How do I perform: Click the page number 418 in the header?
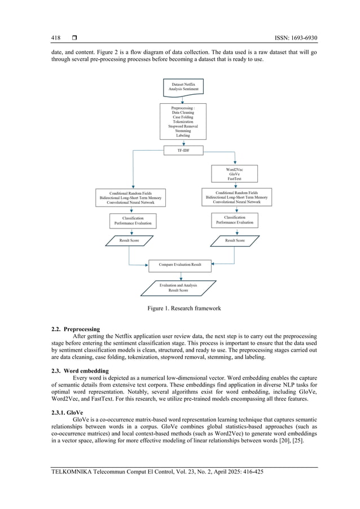[x=55, y=38]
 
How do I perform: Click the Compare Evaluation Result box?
[x=180, y=264]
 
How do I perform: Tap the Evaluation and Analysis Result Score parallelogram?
[x=180, y=288]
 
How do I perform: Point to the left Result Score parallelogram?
[x=129, y=241]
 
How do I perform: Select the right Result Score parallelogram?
[x=235, y=240]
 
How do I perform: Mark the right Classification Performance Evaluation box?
[x=235, y=220]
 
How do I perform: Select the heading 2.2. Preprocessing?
[x=75, y=328]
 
